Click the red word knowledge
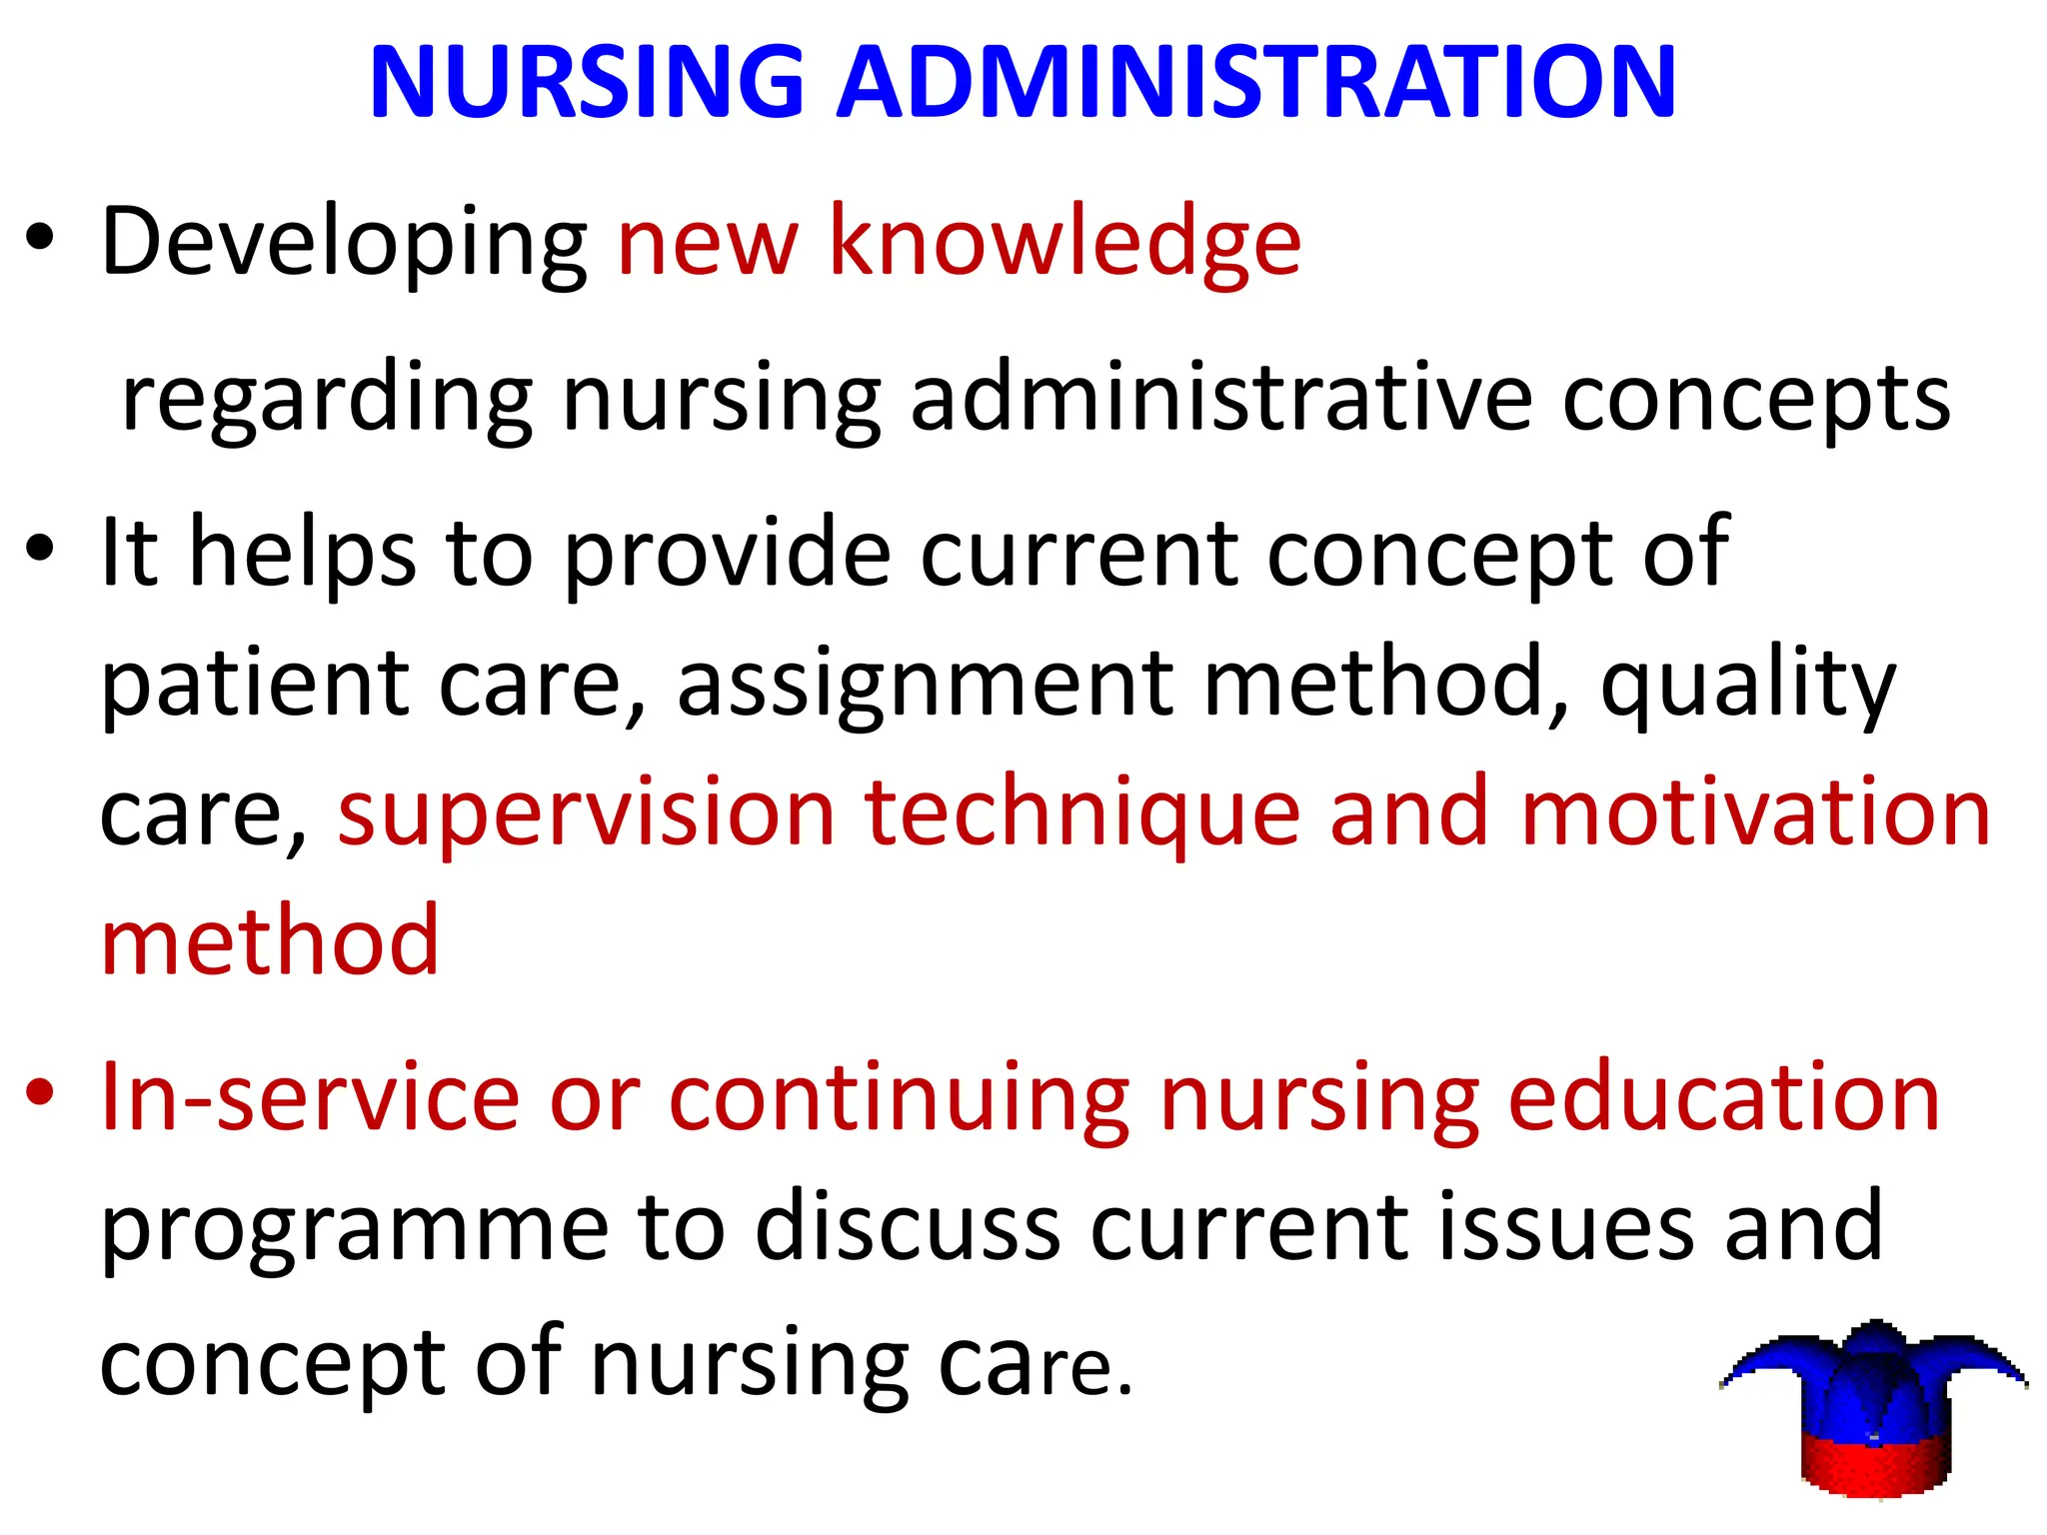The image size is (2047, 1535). coord(1064,243)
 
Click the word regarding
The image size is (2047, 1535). coord(327,400)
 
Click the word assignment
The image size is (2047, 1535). coord(925,685)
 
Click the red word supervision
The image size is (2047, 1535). coord(586,813)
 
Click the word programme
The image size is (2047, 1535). coord(355,1229)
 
